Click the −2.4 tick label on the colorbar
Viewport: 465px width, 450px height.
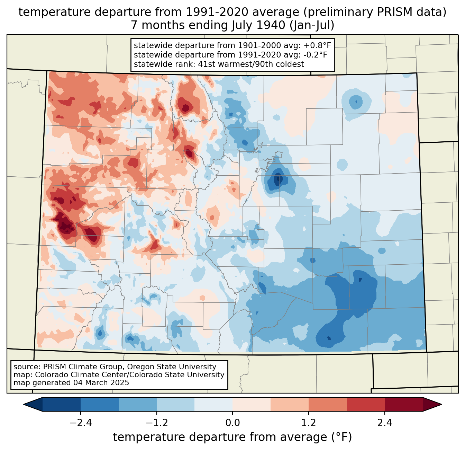(x=81, y=423)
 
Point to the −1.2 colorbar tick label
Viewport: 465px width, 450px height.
(x=156, y=423)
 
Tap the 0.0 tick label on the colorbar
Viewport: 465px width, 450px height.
(x=232, y=423)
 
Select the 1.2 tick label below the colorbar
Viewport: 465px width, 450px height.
(x=309, y=423)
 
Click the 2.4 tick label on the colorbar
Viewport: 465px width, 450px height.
(x=385, y=423)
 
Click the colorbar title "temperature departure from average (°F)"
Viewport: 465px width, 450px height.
(x=232, y=437)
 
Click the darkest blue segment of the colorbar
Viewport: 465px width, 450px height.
(x=62, y=404)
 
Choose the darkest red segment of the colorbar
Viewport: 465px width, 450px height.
(x=403, y=404)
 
